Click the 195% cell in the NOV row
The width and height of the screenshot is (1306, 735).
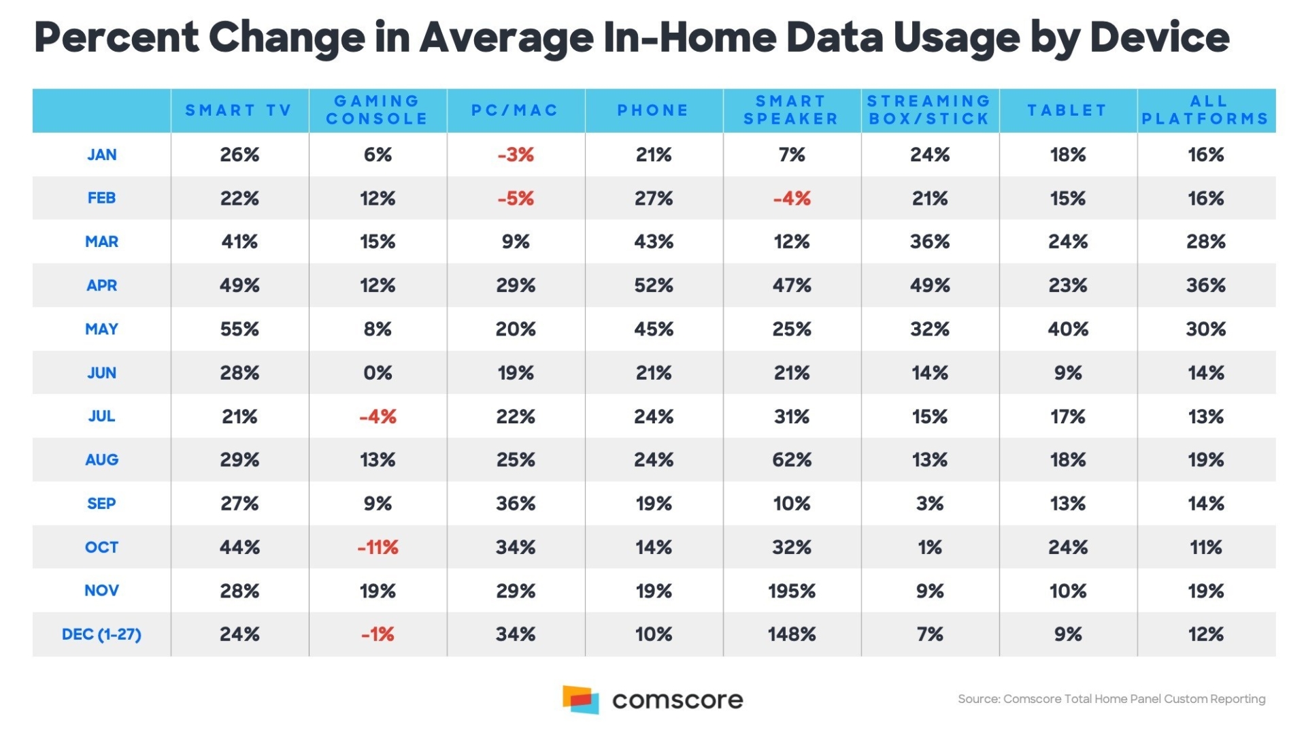[791, 591]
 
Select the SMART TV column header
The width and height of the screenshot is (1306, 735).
[239, 110]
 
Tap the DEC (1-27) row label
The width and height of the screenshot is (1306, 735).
[101, 634]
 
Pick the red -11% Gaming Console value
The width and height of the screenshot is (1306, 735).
[378, 547]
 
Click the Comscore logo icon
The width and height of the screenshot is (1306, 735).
[580, 700]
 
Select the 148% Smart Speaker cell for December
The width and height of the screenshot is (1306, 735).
[791, 634]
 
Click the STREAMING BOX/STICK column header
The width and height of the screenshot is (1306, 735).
[929, 110]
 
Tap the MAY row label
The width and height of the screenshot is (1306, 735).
[101, 329]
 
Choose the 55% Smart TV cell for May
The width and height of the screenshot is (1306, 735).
[239, 329]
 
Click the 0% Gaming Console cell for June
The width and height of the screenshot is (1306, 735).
[378, 373]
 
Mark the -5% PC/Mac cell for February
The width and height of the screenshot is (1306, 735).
[516, 199]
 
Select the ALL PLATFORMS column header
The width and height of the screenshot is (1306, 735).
[1205, 110]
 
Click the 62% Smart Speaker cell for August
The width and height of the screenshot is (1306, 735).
[791, 460]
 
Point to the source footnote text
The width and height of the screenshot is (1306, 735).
[1111, 699]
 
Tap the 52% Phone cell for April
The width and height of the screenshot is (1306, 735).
[654, 285]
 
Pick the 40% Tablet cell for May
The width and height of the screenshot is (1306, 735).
[1068, 329]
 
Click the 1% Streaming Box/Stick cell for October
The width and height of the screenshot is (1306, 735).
[929, 547]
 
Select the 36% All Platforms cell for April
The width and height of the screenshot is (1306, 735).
[1205, 285]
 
